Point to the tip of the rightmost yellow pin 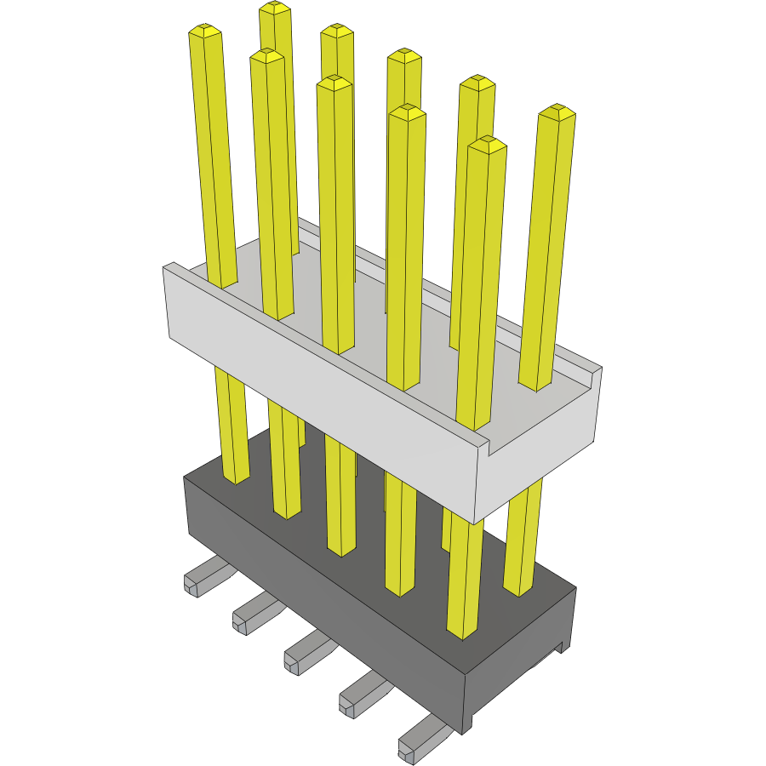point(557,111)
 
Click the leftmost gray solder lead point(201,578)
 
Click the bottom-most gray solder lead point(417,740)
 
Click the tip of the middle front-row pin point(334,82)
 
